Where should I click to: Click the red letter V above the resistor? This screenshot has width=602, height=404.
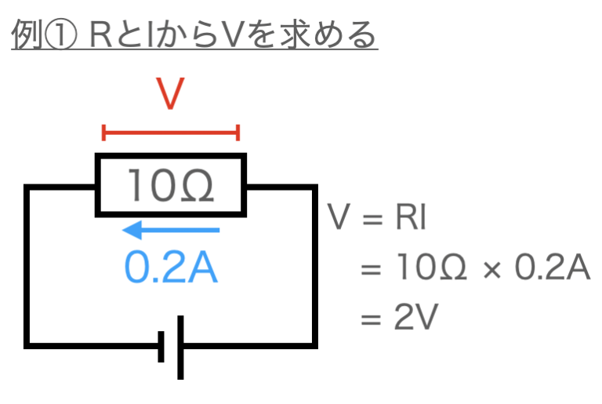point(171,96)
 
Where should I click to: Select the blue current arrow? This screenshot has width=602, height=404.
point(172,230)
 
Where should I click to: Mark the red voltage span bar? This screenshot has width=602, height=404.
point(171,133)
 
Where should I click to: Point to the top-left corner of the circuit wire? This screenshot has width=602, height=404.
point(28,188)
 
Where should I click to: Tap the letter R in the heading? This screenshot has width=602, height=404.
point(101,35)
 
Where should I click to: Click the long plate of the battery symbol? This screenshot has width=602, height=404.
point(182,346)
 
